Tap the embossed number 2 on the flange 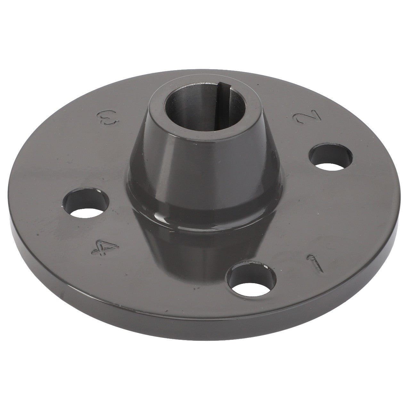coord(302,120)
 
